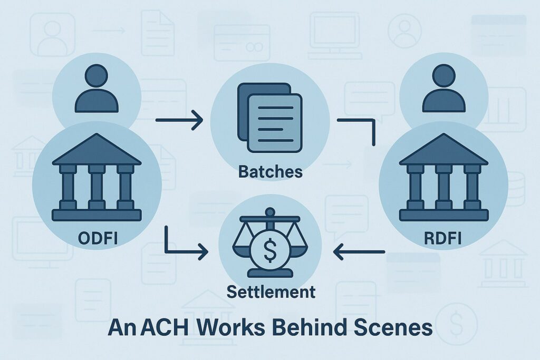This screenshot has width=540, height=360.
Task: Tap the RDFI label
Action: point(442,238)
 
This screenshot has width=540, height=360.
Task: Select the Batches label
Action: point(271,171)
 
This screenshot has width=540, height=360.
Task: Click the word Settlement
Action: point(269,291)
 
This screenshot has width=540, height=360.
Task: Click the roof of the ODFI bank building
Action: point(97,150)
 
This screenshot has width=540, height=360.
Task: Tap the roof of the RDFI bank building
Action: point(443,150)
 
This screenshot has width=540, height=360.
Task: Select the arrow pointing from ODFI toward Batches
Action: point(179,120)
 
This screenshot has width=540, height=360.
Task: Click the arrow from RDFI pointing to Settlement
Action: point(359,254)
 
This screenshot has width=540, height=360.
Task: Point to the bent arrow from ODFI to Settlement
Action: point(179,248)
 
